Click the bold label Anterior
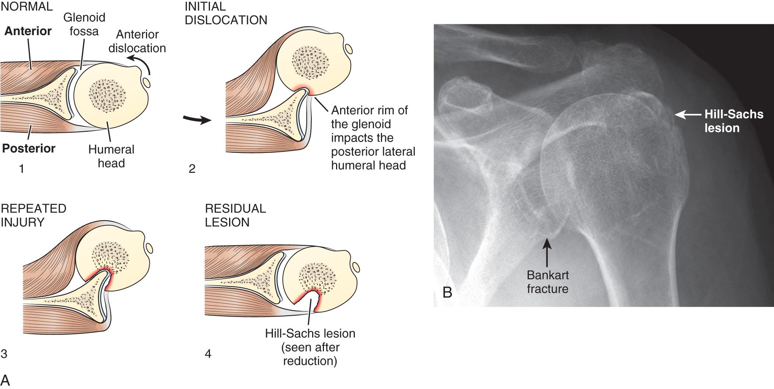(28, 31)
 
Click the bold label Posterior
(29, 149)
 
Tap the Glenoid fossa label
(84, 24)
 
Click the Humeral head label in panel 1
(111, 156)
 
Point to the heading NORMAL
(26, 6)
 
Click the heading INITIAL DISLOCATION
(226, 13)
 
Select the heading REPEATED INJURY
(33, 215)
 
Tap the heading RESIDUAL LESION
(235, 215)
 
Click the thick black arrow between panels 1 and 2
(197, 120)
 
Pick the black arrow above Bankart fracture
(547, 252)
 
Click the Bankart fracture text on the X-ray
(547, 282)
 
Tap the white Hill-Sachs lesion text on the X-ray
(734, 121)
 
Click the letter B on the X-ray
(447, 292)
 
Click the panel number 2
(192, 169)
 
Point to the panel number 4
(208, 354)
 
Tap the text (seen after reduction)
(310, 354)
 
